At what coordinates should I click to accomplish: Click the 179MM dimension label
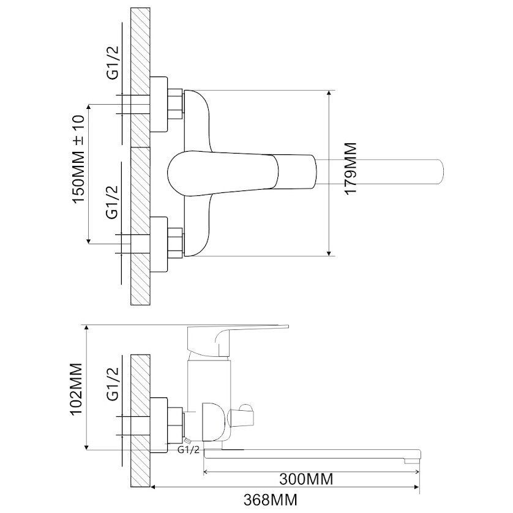pyautogui.click(x=350, y=169)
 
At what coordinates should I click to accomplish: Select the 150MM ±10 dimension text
pyautogui.click(x=78, y=159)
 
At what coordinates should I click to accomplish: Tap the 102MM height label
pyautogui.click(x=77, y=389)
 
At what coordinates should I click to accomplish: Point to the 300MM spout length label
pyautogui.click(x=306, y=479)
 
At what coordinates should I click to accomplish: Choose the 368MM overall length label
pyautogui.click(x=271, y=500)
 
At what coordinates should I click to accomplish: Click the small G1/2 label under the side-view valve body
pyautogui.click(x=188, y=450)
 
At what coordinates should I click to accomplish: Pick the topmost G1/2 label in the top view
pyautogui.click(x=113, y=63)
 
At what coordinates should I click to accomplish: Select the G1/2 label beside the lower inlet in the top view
pyautogui.click(x=112, y=203)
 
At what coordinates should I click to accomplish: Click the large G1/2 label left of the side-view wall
pyautogui.click(x=113, y=384)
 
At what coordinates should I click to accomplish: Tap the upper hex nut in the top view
pyautogui.click(x=175, y=104)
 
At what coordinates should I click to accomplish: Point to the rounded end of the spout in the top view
pyautogui.click(x=440, y=172)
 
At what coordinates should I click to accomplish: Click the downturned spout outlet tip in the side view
pyautogui.click(x=412, y=460)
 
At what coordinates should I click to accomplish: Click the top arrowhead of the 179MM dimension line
pyautogui.click(x=329, y=93)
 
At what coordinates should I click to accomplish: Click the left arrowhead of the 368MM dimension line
pyautogui.click(x=154, y=487)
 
